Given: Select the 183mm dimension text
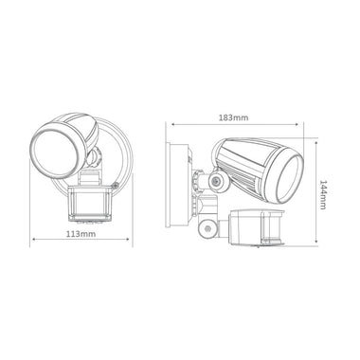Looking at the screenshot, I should point(234,117).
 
